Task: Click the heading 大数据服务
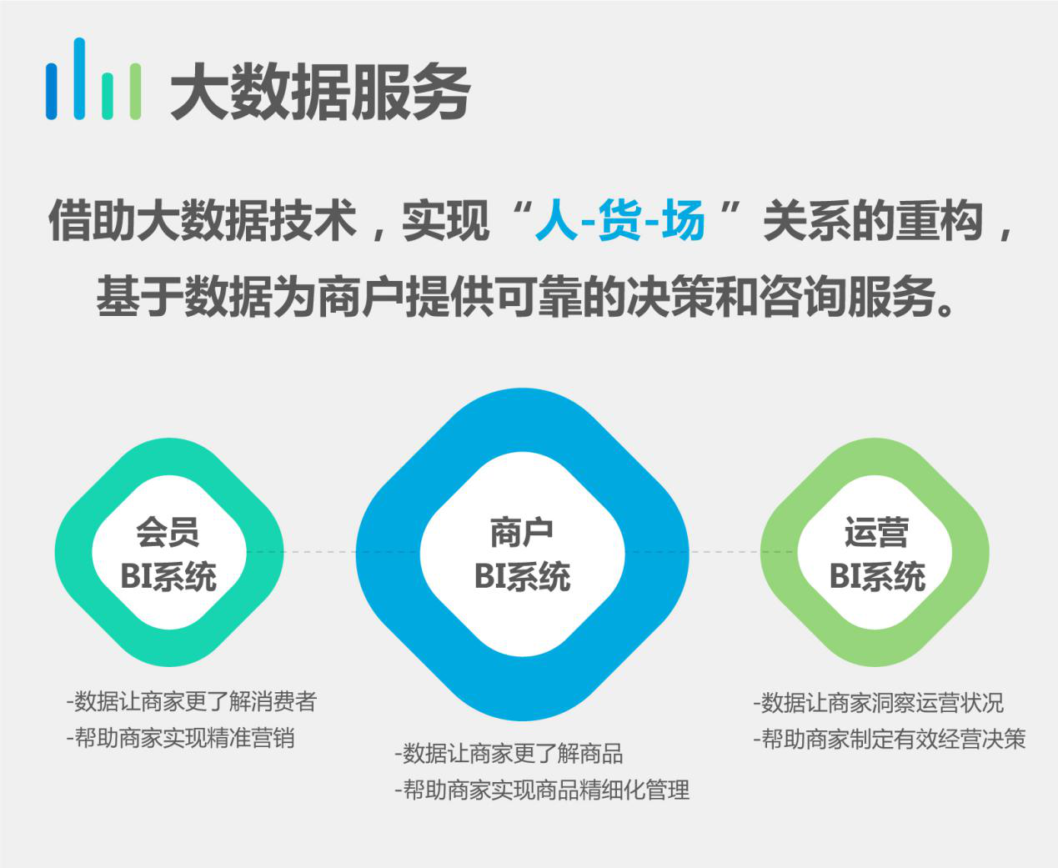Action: click(320, 92)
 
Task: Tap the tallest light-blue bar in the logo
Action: click(79, 78)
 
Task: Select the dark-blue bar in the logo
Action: click(51, 92)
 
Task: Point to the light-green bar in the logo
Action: click(135, 92)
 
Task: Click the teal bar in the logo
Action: click(108, 97)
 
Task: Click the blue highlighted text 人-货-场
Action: click(620, 220)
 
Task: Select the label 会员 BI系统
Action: click(168, 554)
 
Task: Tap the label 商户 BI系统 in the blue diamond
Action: click(522, 554)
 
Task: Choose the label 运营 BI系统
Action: click(876, 554)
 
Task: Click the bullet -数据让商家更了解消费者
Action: click(192, 701)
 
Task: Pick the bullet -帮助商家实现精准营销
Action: click(181, 738)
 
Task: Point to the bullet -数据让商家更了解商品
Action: click(509, 754)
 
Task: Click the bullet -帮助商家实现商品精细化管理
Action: click(542, 790)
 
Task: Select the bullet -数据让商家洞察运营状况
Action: click(879, 703)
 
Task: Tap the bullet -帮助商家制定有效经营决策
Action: click(890, 739)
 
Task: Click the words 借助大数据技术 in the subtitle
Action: click(203, 220)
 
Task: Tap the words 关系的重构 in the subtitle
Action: click(874, 220)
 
